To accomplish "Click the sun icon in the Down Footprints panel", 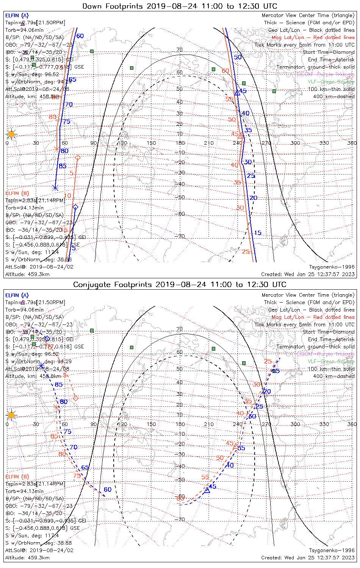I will tap(11, 134).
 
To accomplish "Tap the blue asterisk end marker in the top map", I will tap(55, 188).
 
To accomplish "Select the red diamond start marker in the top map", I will tap(78, 157).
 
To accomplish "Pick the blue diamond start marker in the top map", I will tap(75, 207).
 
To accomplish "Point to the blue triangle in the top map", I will tap(237, 92).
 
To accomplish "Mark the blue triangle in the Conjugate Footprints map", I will tap(207, 490).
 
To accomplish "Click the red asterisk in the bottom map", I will tap(57, 408).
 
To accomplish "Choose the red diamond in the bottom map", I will tap(76, 398).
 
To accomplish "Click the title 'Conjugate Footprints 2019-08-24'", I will tap(180, 284).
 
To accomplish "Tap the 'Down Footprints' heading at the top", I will tap(180, 6).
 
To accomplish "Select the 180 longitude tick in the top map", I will tap(180, 143).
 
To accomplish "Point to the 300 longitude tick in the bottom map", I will tap(295, 424).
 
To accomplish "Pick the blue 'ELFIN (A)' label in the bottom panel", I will tap(17, 295).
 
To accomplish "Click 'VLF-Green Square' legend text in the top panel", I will tap(331, 82).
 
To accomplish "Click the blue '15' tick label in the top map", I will tap(258, 233).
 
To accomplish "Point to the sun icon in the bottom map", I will tap(11, 415).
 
